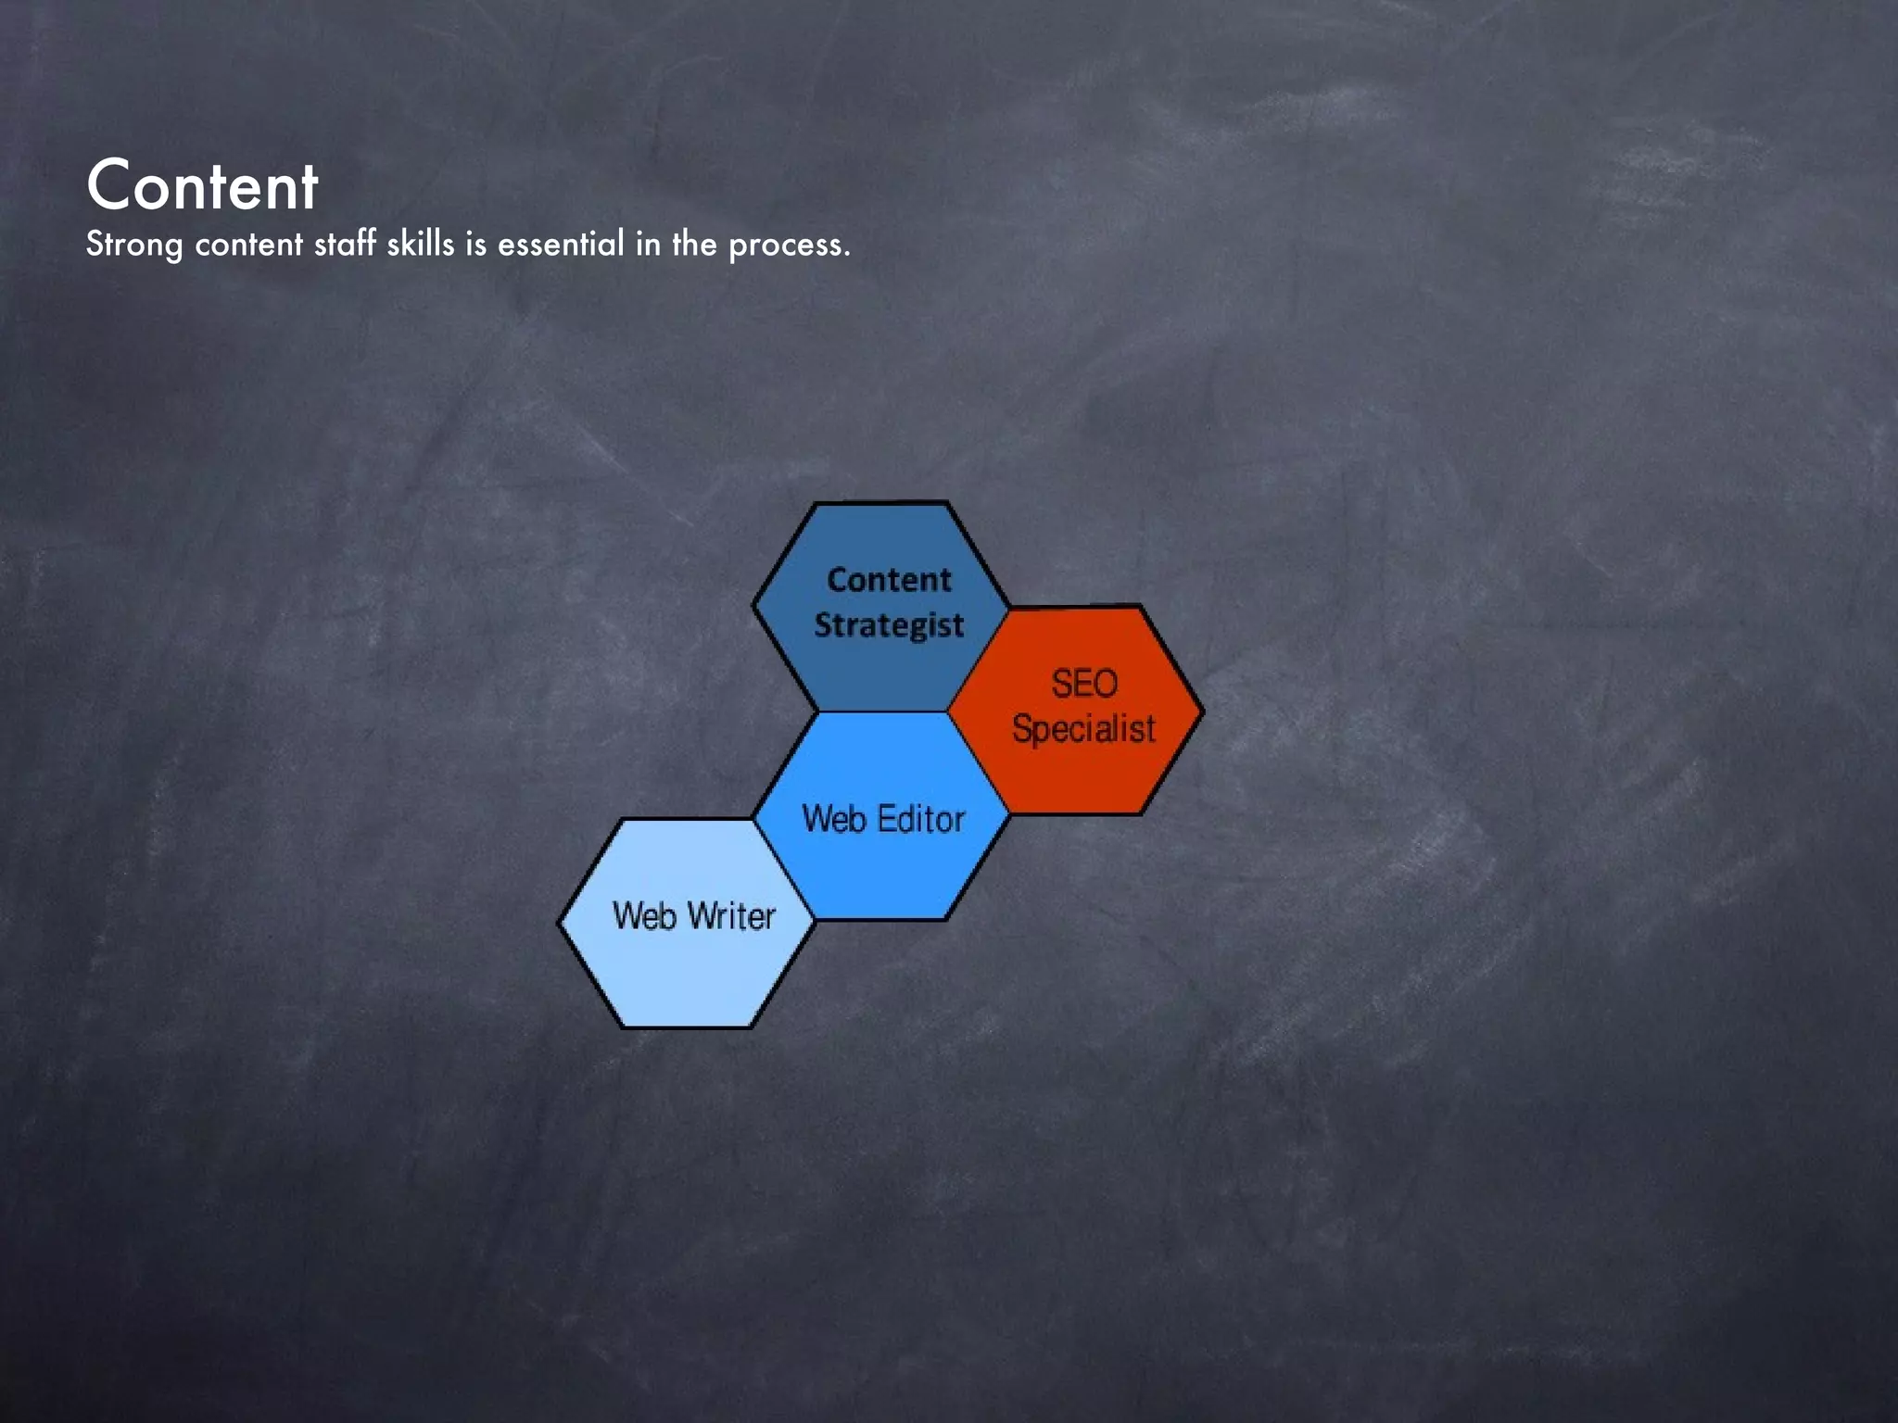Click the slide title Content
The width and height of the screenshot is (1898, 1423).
point(202,186)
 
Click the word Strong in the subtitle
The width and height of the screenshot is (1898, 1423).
point(133,245)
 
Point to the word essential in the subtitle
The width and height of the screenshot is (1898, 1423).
point(561,244)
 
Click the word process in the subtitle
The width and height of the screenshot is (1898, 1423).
point(786,246)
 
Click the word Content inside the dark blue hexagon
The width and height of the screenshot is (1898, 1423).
point(889,580)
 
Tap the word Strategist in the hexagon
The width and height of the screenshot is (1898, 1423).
point(889,625)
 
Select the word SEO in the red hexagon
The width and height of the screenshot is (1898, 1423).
point(1083,684)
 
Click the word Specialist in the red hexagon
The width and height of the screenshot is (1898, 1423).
point(1083,728)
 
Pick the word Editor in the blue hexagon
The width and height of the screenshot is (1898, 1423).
point(921,819)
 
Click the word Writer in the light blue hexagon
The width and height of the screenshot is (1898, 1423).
point(731,916)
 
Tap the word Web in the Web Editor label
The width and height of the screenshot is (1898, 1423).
point(834,819)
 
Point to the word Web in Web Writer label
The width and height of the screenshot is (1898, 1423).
point(644,916)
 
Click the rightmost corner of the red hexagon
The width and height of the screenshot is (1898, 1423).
point(1202,711)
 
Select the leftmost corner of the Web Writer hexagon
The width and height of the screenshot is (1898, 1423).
point(559,923)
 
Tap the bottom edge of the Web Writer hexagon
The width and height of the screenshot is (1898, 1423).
point(686,1026)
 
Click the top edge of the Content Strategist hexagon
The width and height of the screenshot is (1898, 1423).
point(880,504)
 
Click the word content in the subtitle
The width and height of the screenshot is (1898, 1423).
point(248,245)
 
